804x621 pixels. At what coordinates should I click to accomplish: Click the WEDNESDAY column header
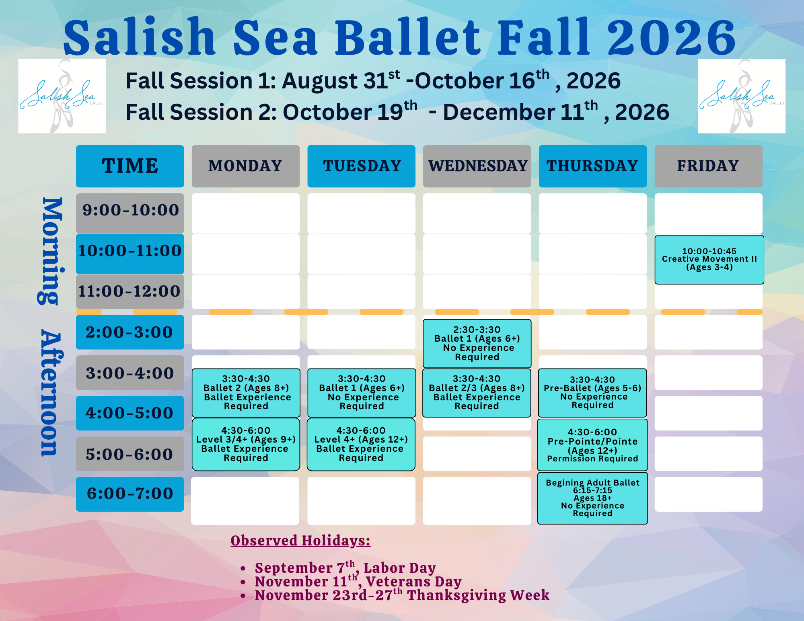[x=477, y=166]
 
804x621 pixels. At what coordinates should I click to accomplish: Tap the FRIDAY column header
[x=708, y=166]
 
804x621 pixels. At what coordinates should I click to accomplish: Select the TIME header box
[x=130, y=166]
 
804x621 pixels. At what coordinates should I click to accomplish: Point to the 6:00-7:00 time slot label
[x=130, y=494]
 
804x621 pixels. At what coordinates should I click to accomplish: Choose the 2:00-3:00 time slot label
[x=130, y=332]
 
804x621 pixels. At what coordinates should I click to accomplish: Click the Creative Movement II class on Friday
[x=709, y=260]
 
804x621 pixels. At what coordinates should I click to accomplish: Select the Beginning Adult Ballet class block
[x=592, y=498]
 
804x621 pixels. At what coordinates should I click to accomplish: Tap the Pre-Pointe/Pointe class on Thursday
[x=592, y=445]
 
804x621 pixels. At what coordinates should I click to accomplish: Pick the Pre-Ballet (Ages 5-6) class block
[x=592, y=393]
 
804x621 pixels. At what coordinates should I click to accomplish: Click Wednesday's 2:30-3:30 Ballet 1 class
[x=477, y=343]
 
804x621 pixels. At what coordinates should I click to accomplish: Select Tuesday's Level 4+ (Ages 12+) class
[x=361, y=444]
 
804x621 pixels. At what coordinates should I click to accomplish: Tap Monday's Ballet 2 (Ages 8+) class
[x=246, y=393]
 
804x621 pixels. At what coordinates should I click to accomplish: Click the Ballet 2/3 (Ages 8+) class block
[x=477, y=393]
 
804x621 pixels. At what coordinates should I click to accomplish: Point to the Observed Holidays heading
[x=300, y=541]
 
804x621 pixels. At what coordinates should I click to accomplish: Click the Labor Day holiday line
[x=345, y=568]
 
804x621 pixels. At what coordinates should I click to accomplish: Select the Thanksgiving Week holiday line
[x=402, y=595]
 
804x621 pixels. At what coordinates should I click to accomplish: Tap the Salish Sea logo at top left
[x=62, y=96]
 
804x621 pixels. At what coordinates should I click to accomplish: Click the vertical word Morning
[x=51, y=251]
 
